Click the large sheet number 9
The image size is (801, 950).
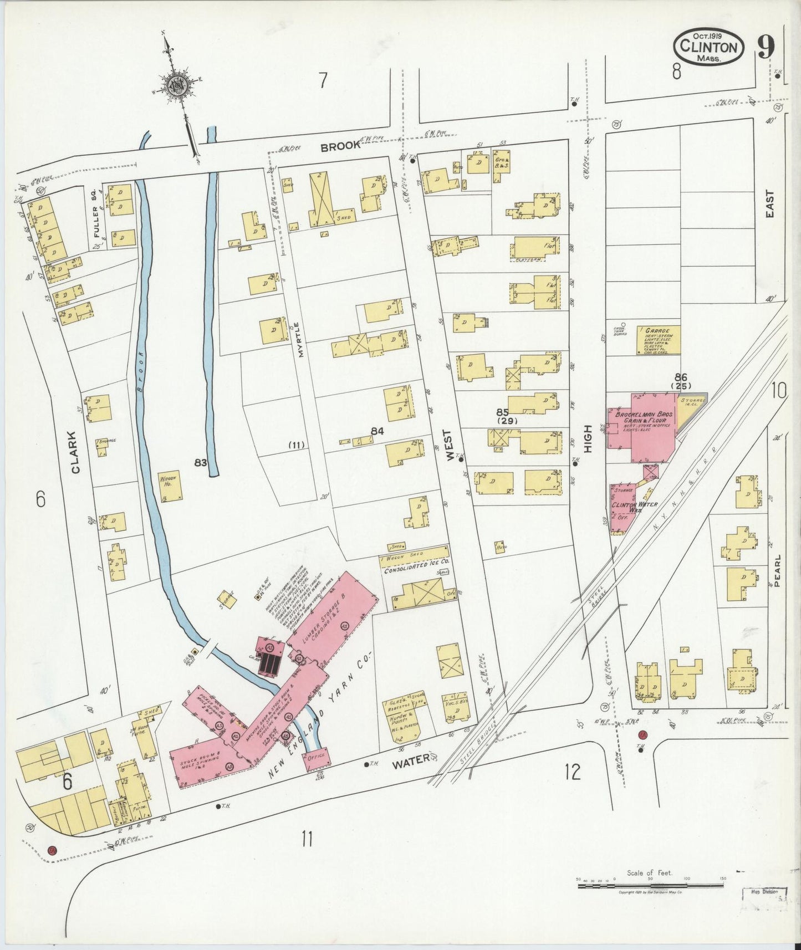point(765,47)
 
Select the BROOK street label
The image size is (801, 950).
point(341,147)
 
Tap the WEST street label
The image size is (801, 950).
point(450,442)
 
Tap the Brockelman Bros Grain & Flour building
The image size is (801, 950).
point(643,427)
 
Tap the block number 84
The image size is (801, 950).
point(377,430)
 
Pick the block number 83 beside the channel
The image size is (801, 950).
point(201,461)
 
